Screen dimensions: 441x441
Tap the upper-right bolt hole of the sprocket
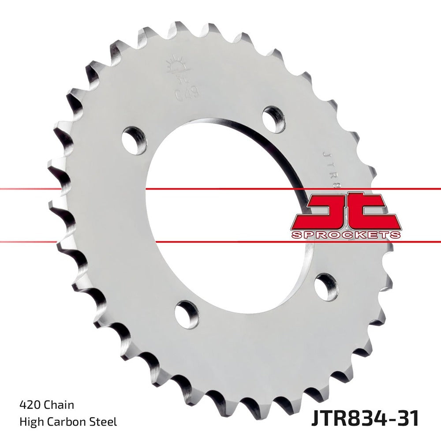[273, 118]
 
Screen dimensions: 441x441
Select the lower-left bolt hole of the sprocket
[187, 314]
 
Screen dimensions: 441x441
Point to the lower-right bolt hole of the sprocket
[326, 287]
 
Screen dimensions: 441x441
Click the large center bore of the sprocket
[220, 216]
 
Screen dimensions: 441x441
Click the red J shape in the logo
[326, 212]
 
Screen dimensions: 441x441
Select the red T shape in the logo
[370, 212]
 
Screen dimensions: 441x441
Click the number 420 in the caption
[29, 404]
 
